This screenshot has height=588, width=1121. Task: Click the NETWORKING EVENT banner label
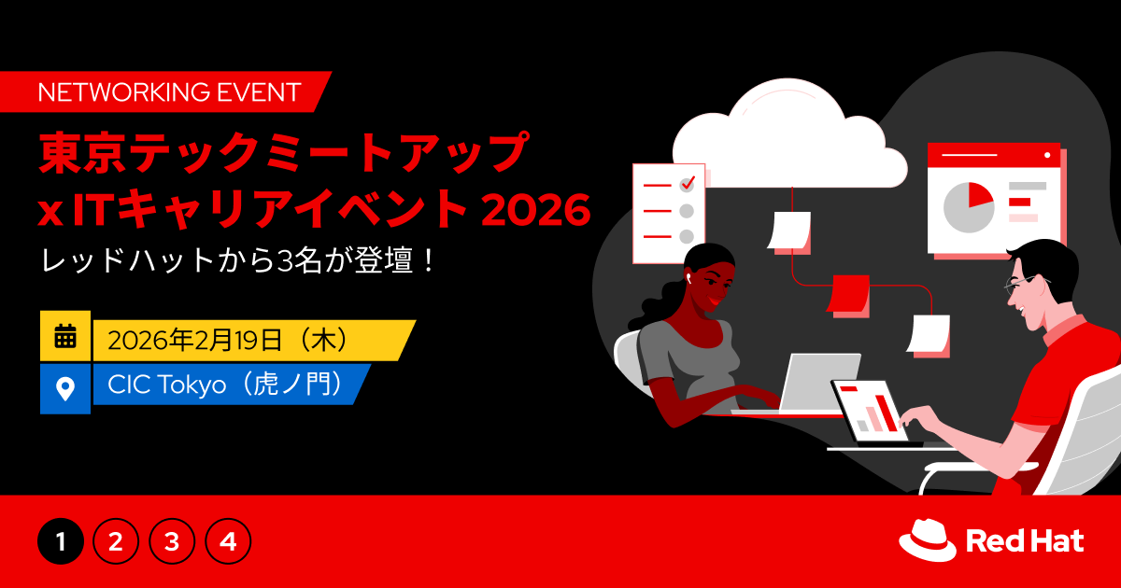pos(168,91)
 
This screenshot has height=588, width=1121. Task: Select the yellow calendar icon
pos(65,336)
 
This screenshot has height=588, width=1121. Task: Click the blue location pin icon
pos(65,387)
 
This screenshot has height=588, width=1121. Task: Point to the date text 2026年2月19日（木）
pos(229,340)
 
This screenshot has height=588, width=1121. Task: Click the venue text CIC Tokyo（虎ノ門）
pos(224,385)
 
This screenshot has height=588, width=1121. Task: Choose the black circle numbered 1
pos(61,541)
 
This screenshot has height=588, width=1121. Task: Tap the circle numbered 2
pos(116,541)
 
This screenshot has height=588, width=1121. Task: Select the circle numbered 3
pos(172,541)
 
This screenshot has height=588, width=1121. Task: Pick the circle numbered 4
pos(228,541)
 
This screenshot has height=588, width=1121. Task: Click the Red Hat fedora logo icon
pos(928,539)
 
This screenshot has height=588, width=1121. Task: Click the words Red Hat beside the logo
pos(1024,540)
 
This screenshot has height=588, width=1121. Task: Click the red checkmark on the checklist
pos(688,183)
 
